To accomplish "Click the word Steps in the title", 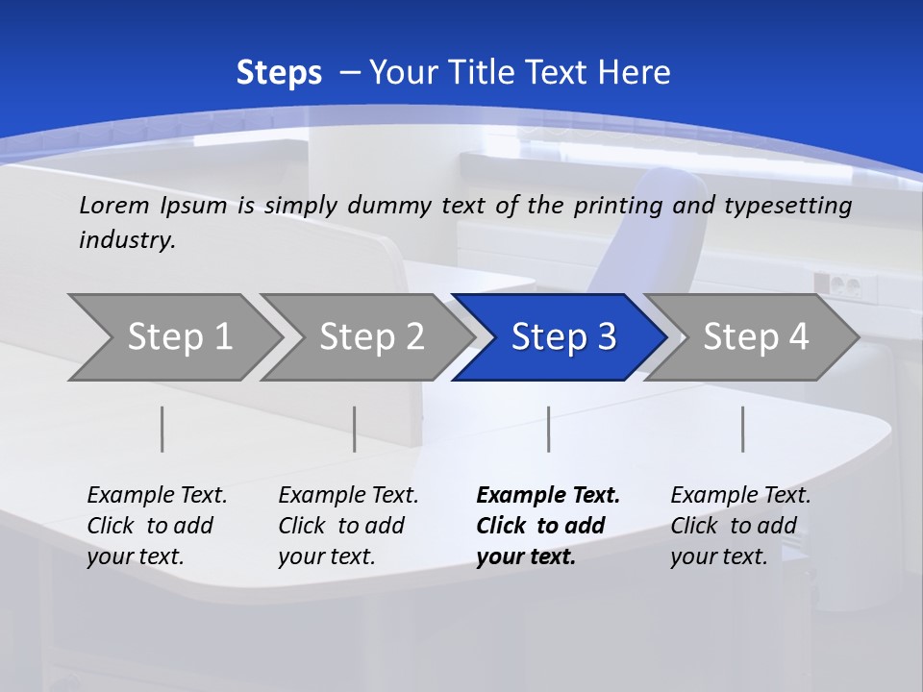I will pyautogui.click(x=279, y=73).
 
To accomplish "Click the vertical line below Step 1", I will pyautogui.click(x=162, y=429).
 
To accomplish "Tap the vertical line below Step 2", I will pyautogui.click(x=355, y=429).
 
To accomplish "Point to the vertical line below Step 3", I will pyautogui.click(x=548, y=429).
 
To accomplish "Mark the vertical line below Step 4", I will pyautogui.click(x=742, y=429).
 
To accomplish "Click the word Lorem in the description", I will pyautogui.click(x=114, y=206).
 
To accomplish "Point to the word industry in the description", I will pyautogui.click(x=126, y=240).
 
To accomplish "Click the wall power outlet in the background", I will pyautogui.click(x=836, y=284).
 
